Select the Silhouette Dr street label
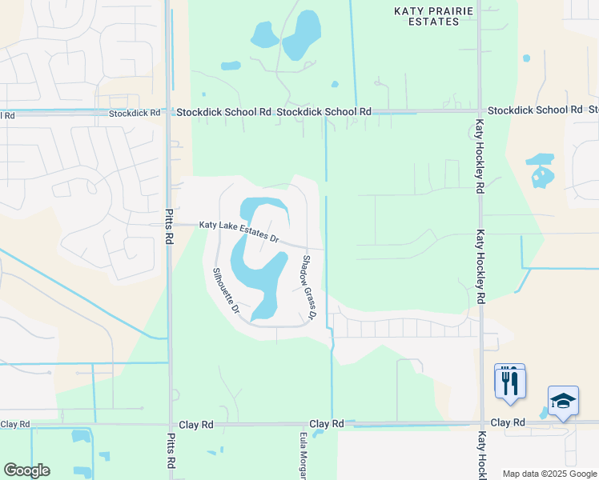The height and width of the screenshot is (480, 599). point(226,290)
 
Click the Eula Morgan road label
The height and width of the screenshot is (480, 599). point(304,456)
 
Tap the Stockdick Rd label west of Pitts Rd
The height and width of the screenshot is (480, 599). point(134,114)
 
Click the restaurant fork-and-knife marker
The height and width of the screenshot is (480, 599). point(510,382)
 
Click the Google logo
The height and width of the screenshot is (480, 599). point(26,470)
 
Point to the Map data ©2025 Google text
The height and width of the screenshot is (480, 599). point(549,474)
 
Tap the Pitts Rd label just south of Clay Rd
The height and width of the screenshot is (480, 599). point(171,453)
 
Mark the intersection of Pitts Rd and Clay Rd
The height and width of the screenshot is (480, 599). point(170,424)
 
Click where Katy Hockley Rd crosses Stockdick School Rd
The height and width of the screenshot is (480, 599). point(479,111)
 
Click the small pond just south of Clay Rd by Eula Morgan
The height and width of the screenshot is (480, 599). point(318,434)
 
